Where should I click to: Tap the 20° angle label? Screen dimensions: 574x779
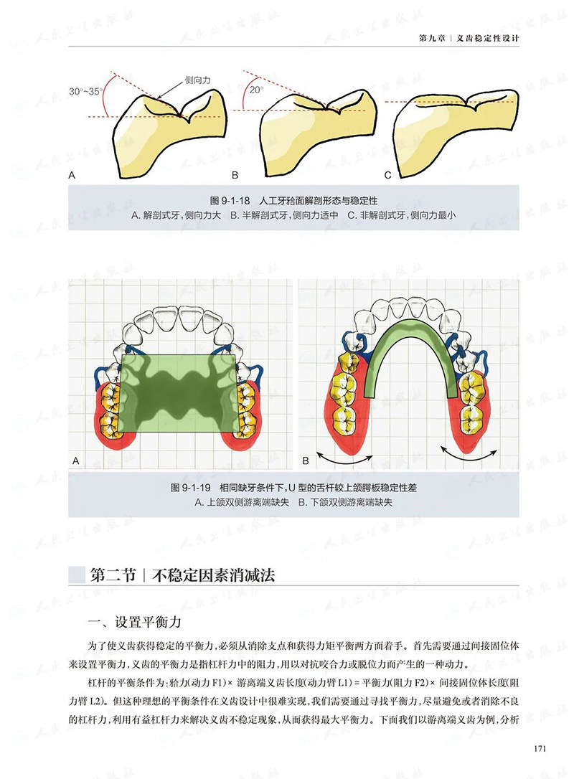pos(255,91)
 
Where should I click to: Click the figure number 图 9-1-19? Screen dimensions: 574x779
pos(190,487)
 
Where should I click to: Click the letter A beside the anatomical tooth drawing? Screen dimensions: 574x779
pos(72,175)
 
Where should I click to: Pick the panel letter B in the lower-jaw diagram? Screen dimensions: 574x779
pos(305,460)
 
